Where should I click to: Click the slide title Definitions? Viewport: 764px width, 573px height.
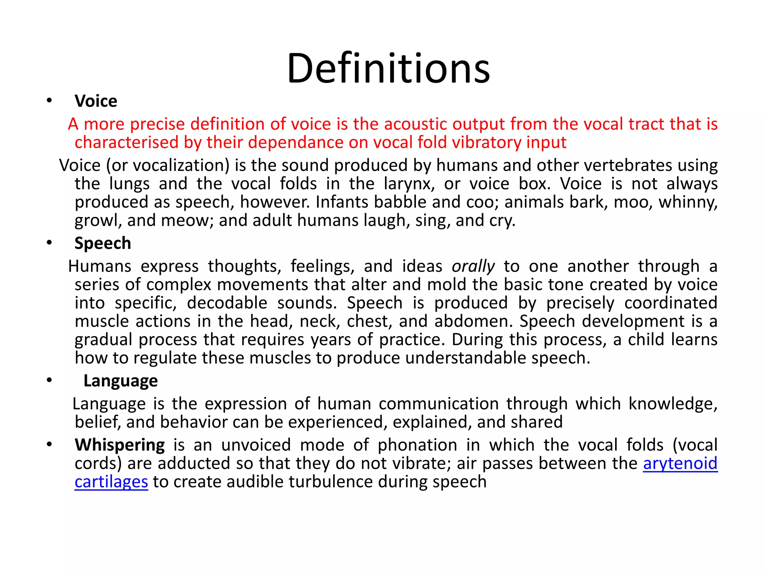(x=388, y=69)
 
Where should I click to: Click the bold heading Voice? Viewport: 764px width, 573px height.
(x=96, y=101)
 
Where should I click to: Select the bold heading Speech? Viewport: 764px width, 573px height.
(x=103, y=243)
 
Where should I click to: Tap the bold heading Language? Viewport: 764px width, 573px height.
(x=120, y=381)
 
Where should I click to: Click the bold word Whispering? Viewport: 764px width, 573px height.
(x=120, y=445)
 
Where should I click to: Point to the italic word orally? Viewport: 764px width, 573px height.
(x=473, y=266)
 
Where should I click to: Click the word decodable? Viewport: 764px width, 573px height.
(x=227, y=303)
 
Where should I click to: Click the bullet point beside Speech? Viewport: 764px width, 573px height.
(x=49, y=243)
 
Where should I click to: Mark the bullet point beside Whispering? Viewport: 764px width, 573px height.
(x=49, y=445)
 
